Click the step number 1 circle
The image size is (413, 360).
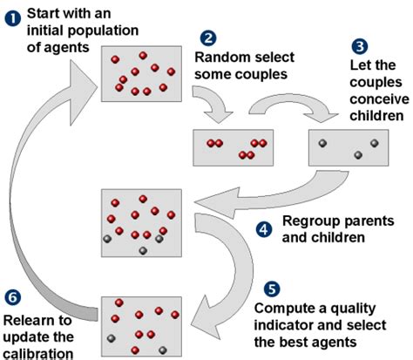(10, 15)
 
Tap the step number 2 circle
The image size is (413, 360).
(208, 38)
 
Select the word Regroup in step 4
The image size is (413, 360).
(308, 221)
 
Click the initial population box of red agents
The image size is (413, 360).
(141, 72)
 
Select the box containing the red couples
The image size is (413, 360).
(232, 147)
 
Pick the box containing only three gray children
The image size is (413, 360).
(348, 147)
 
